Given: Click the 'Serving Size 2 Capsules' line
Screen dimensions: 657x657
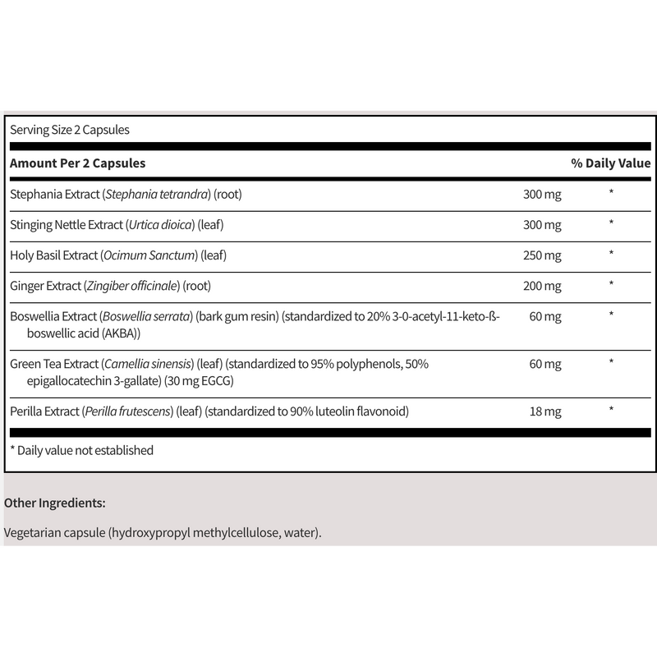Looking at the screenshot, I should tap(70, 130).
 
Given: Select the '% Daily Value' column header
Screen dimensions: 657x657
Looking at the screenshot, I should tap(610, 163).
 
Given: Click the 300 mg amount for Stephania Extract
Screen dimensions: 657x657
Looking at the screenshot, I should tap(542, 195).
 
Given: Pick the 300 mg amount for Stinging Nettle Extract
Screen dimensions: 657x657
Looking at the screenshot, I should tap(542, 225).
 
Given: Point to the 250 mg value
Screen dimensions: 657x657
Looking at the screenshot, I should tap(542, 255).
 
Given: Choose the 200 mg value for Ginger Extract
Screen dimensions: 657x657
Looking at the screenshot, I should tap(542, 286).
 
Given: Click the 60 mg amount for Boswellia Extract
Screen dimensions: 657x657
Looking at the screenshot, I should tap(545, 317).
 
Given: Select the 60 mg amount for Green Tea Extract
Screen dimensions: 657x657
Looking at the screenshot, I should tap(545, 364).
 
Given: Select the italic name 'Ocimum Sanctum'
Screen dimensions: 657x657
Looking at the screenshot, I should tap(150, 255).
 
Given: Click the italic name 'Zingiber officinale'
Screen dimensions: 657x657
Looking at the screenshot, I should tap(134, 286).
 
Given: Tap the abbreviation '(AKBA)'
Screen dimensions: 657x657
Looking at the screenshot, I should tap(120, 333).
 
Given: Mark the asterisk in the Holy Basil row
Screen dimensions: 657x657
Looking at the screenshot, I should tap(611, 255).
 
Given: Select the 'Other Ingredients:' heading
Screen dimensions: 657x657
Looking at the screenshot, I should tap(55, 502).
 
